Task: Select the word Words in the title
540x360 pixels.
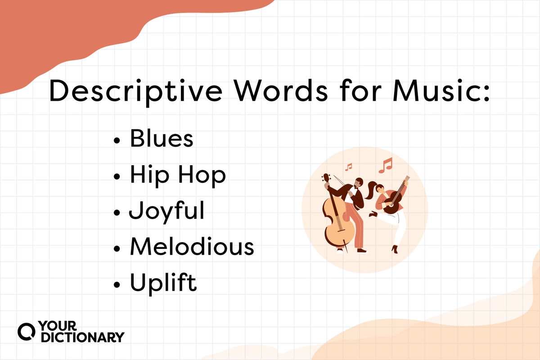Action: tap(281, 90)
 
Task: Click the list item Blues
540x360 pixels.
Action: tap(162, 138)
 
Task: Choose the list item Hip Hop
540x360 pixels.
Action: tap(178, 176)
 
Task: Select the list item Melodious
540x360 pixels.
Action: tap(192, 246)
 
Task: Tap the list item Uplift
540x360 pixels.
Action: tap(163, 284)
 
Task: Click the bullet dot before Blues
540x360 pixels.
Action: tap(117, 141)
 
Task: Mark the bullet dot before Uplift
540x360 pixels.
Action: tap(117, 285)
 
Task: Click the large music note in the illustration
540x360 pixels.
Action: tap(386, 166)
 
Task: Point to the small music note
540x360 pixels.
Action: tap(349, 167)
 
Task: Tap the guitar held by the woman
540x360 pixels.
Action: tap(396, 197)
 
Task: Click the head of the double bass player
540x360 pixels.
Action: tap(359, 183)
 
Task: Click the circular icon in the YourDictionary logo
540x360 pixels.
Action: tap(27, 332)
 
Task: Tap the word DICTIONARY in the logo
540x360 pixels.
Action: tap(83, 337)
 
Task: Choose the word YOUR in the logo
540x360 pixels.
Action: tap(58, 326)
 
